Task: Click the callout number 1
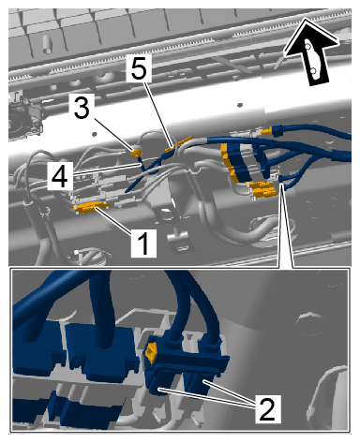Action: click(x=143, y=244)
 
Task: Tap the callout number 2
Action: click(x=266, y=408)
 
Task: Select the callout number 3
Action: click(x=82, y=107)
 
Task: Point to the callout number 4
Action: click(x=59, y=177)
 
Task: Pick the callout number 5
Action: click(x=139, y=67)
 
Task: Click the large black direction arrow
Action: click(x=312, y=53)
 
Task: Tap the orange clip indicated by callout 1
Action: click(x=91, y=207)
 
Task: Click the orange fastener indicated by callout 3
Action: click(x=136, y=153)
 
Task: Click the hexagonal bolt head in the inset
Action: click(x=307, y=324)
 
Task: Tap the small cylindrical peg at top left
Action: click(x=46, y=44)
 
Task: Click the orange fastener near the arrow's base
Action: click(x=268, y=130)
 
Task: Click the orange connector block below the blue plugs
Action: click(x=263, y=189)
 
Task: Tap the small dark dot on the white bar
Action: click(x=240, y=105)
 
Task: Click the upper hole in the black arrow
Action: click(x=307, y=47)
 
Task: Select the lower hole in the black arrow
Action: click(x=313, y=71)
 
